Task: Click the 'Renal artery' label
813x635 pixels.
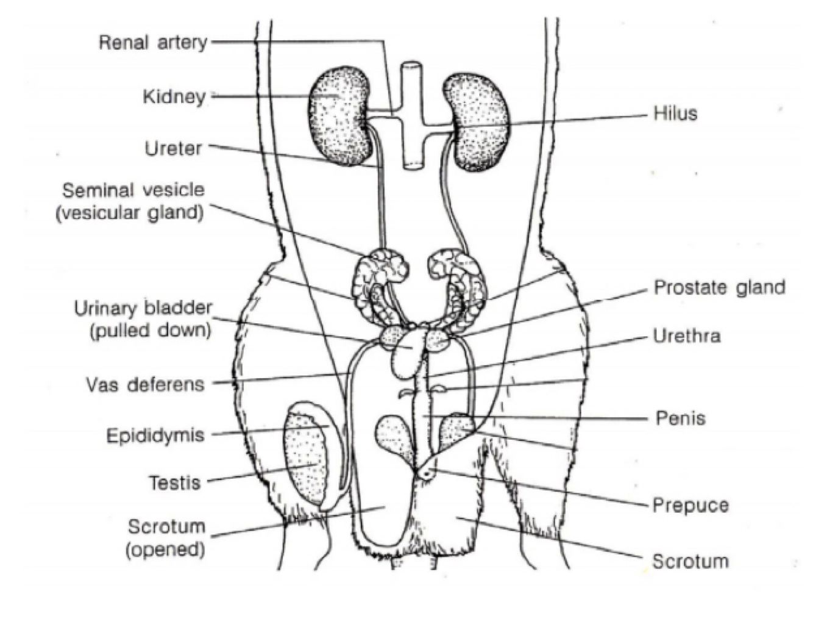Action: click(x=153, y=43)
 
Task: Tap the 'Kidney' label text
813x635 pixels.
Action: click(x=174, y=96)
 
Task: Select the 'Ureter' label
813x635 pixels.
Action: click(x=173, y=148)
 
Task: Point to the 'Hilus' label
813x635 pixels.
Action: click(x=675, y=113)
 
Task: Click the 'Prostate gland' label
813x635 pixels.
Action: click(x=719, y=287)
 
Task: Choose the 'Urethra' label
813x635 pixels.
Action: click(x=687, y=336)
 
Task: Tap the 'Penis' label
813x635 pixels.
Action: click(x=680, y=418)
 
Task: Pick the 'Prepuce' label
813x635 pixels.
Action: click(x=691, y=505)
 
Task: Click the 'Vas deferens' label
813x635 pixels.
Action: click(x=145, y=385)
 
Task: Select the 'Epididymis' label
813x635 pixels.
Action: click(x=155, y=436)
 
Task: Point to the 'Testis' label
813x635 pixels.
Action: click(x=175, y=483)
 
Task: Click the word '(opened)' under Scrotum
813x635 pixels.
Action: click(x=165, y=549)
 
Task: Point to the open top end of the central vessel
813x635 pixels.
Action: click(x=412, y=66)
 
